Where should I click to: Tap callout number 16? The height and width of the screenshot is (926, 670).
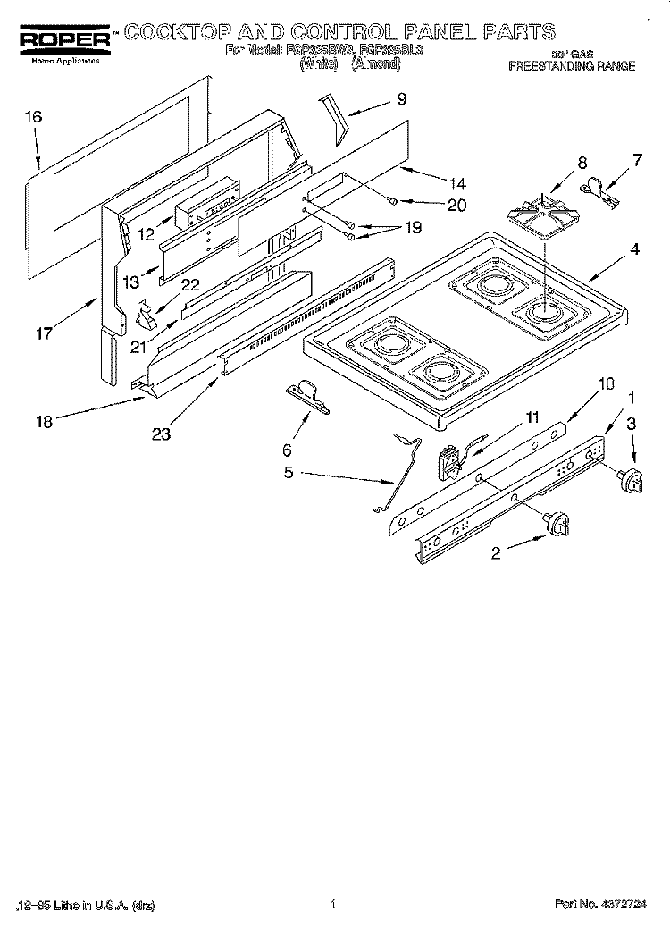[33, 116]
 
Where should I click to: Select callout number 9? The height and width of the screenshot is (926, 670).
[402, 100]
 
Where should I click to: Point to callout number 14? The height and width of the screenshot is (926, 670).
[457, 185]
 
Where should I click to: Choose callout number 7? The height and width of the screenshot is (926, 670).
[637, 161]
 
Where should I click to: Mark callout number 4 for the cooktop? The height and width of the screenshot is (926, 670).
[633, 250]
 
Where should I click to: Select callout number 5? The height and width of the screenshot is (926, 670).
[289, 473]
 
